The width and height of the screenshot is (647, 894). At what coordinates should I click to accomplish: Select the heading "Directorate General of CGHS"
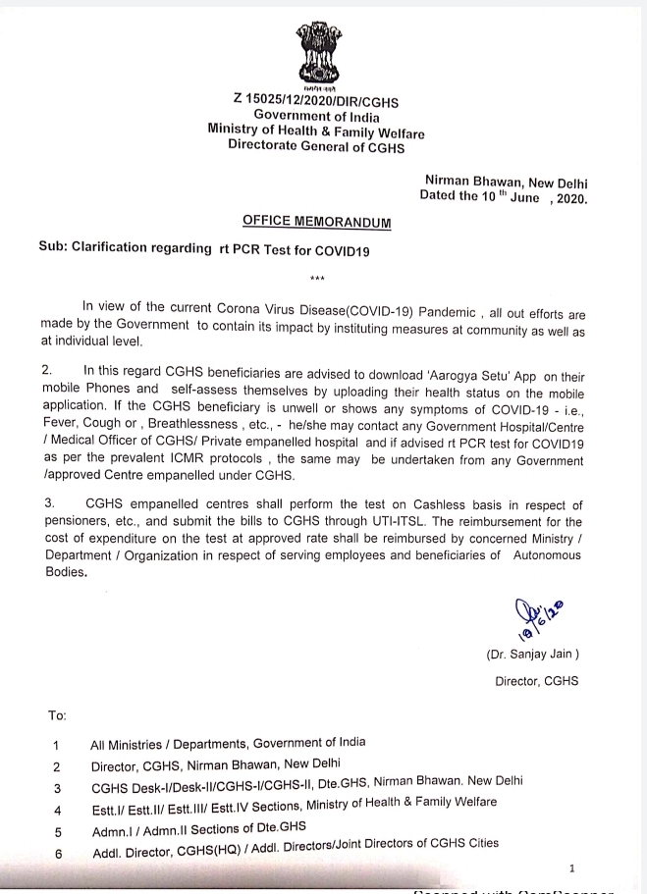click(315, 146)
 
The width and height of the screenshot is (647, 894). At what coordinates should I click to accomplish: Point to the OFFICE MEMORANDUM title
click(316, 223)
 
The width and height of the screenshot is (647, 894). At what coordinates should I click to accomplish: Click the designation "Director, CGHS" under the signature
click(536, 681)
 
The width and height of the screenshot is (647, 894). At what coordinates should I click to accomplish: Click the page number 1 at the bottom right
click(571, 868)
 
